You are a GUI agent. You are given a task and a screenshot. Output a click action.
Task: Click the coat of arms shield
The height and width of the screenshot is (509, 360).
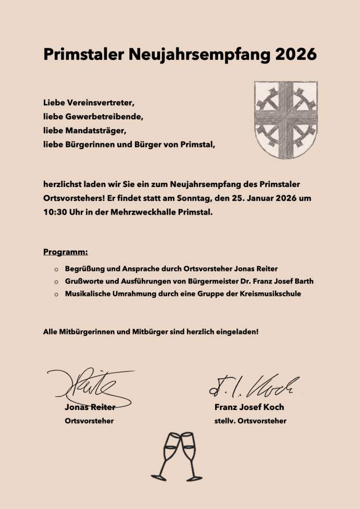(x=286, y=120)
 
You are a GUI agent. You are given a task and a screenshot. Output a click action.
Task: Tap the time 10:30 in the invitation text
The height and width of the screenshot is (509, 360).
(x=55, y=213)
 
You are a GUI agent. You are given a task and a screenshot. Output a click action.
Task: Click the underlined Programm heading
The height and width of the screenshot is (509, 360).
(x=66, y=253)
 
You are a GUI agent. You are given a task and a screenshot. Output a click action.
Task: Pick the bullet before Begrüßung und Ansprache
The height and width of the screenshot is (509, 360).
(x=56, y=269)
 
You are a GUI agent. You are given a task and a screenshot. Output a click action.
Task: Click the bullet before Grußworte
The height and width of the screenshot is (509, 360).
(x=56, y=282)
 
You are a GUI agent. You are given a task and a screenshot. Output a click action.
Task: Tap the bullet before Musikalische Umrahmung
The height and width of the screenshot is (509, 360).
(x=56, y=294)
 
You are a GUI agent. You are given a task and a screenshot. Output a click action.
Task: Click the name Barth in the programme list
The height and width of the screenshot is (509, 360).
(x=302, y=281)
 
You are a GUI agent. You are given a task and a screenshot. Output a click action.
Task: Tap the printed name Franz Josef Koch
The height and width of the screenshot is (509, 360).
(x=249, y=407)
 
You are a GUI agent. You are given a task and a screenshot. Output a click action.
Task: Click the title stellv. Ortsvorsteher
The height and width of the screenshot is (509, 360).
(x=250, y=421)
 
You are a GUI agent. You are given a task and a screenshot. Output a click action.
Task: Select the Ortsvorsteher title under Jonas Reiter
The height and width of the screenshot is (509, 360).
(x=89, y=421)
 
